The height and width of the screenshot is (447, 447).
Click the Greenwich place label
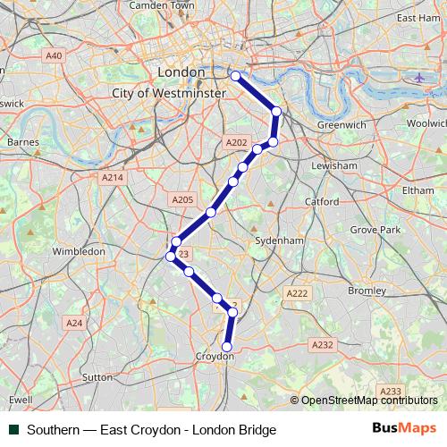pyautogui.click(x=342, y=125)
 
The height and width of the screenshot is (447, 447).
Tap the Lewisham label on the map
pyautogui.click(x=335, y=166)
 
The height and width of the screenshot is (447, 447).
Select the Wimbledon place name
pyautogui.click(x=79, y=252)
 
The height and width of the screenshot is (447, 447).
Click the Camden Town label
pyautogui.click(x=162, y=5)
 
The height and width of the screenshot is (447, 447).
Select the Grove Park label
pyautogui.click(x=375, y=230)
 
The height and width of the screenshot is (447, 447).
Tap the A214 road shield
pyautogui.click(x=112, y=178)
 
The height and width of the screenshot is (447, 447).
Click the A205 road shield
pyautogui.click(x=182, y=199)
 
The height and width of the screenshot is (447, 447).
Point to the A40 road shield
pyautogui.click(x=54, y=55)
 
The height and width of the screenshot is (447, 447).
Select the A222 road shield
pyautogui.click(x=297, y=293)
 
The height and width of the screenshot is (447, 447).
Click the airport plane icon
pyautogui.click(x=419, y=77)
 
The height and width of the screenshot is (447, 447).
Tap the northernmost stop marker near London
pyautogui.click(x=236, y=76)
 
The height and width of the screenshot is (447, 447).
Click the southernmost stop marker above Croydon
pyautogui.click(x=227, y=346)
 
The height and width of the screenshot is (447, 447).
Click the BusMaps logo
pyautogui.click(x=404, y=428)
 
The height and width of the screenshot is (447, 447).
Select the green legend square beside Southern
pyautogui.click(x=13, y=429)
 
